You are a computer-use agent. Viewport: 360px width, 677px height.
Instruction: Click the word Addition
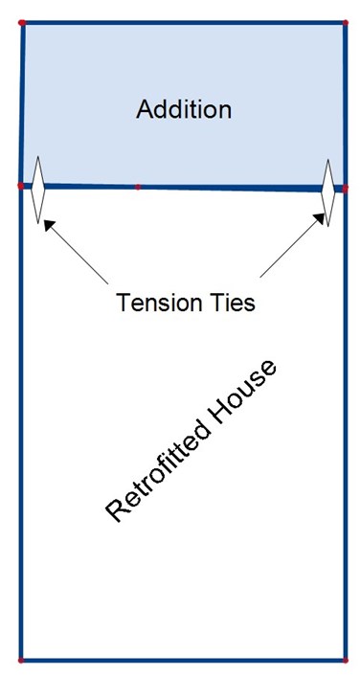184,109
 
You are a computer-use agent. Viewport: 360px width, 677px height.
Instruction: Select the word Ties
232,303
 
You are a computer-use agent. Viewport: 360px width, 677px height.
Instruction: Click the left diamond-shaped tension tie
38,190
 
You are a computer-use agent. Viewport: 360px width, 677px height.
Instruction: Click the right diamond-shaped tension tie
328,192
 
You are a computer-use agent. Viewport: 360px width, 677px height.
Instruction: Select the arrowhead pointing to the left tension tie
49,225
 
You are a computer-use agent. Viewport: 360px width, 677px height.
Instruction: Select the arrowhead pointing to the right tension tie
319,219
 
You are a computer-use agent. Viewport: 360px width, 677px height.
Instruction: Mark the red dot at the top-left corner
22,22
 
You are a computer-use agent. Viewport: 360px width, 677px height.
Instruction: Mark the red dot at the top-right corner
346,22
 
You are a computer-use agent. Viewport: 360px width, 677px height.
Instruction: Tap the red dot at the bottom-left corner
20,661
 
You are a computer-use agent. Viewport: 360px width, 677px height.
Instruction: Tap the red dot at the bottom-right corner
346,661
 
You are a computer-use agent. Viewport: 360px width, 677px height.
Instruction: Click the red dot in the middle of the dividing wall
138,187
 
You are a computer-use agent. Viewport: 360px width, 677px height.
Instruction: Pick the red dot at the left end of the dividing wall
20,186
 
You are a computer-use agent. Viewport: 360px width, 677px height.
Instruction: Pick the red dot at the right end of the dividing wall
346,189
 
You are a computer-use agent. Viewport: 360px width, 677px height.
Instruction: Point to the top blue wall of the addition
184,22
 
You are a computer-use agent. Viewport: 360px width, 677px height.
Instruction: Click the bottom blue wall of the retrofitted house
183,661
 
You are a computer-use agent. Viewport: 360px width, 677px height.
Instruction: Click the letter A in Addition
145,109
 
